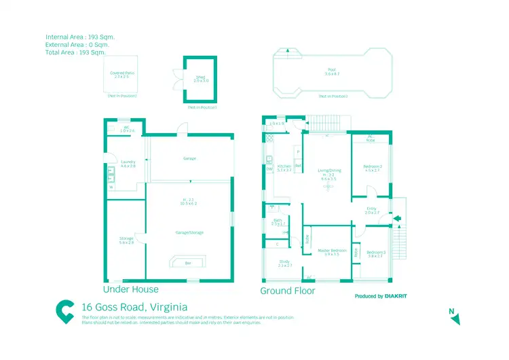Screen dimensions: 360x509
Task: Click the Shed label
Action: [201, 78]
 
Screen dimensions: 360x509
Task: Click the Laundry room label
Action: [128, 162]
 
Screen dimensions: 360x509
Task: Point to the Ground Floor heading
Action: [288, 291]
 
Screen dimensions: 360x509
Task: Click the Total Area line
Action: [76, 52]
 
